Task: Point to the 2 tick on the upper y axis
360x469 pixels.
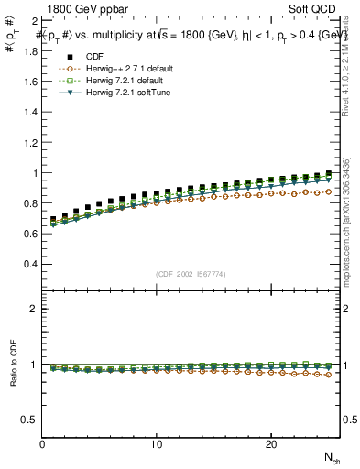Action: [x=34, y=20]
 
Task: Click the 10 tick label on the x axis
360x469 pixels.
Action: [x=157, y=444]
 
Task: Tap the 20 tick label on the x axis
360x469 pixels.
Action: [x=271, y=444]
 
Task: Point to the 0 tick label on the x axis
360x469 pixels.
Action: [x=43, y=444]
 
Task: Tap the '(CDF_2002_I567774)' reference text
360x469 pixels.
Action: [x=191, y=274]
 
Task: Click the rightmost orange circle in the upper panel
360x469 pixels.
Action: [x=328, y=191]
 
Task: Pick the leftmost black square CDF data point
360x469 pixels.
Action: [x=54, y=220]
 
